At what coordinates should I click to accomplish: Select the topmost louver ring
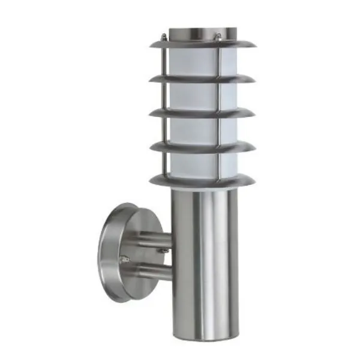point(202,44)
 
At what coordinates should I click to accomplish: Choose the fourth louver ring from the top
point(202,146)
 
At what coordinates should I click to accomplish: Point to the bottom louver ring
point(202,179)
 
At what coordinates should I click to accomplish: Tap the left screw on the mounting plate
point(125,259)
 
